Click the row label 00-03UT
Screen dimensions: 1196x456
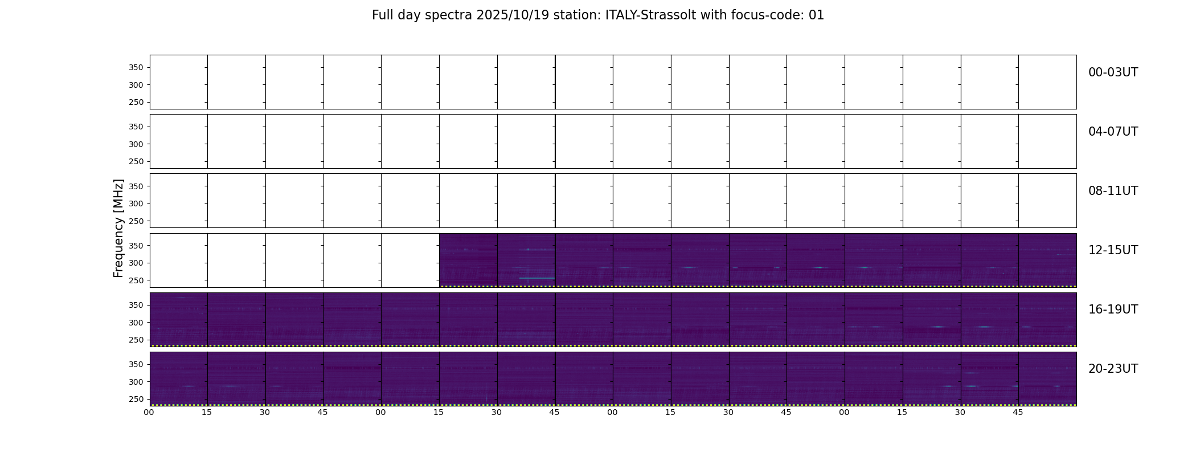(x=1113, y=72)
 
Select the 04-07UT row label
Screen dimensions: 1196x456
(x=1113, y=132)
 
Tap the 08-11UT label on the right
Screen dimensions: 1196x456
(x=1113, y=191)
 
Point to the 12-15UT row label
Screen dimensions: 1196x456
(x=1113, y=250)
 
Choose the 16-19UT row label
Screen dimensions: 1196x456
(x=1113, y=310)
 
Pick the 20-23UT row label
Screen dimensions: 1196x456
(x=1113, y=369)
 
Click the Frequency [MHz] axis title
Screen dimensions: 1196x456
(x=118, y=228)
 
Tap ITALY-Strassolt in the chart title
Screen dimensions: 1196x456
(x=650, y=15)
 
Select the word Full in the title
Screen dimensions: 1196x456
(x=382, y=15)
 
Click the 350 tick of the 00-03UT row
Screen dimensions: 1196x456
(x=136, y=68)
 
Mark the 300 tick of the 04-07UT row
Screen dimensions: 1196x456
(x=136, y=144)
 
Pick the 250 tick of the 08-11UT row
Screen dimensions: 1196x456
(x=136, y=221)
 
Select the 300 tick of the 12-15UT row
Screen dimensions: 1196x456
(x=136, y=263)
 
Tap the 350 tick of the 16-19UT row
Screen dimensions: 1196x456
(x=136, y=306)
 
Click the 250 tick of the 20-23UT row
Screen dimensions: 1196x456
(x=136, y=400)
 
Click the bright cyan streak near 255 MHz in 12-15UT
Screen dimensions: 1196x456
(x=536, y=278)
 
